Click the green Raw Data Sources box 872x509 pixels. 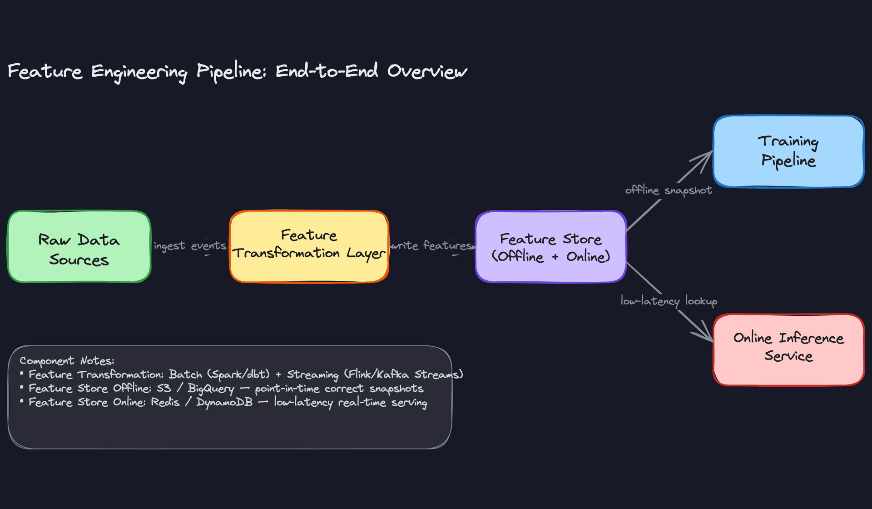coord(79,246)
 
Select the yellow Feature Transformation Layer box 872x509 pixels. coord(309,246)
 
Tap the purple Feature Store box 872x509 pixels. coord(550,246)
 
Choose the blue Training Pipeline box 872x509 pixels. coord(788,151)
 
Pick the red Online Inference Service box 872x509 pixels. coord(788,349)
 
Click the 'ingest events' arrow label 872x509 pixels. coord(190,246)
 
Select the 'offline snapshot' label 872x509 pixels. coord(668,190)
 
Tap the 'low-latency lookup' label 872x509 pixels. coord(669,301)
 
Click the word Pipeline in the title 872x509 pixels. coord(231,72)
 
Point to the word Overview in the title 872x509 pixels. coord(427,71)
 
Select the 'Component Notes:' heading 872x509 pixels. coord(67,361)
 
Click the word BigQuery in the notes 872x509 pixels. coord(211,389)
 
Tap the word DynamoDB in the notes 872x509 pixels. coord(224,403)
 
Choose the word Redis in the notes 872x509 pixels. coord(165,403)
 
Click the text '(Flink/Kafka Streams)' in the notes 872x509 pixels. coord(403,375)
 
